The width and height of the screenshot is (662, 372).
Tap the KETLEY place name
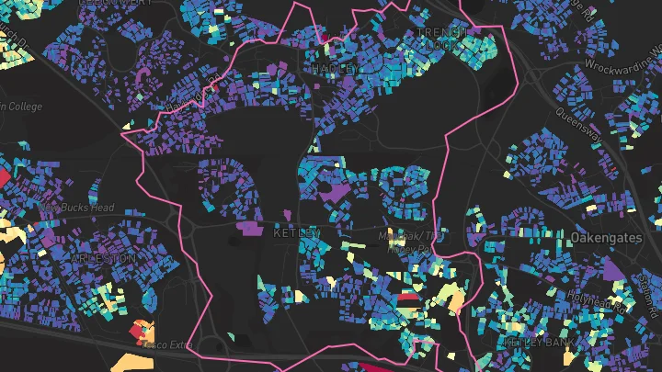(x=298, y=233)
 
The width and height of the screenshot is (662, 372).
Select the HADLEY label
(x=334, y=69)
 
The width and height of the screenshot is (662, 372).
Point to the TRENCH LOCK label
(x=442, y=38)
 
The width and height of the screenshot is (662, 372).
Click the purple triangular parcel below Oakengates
(x=611, y=267)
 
